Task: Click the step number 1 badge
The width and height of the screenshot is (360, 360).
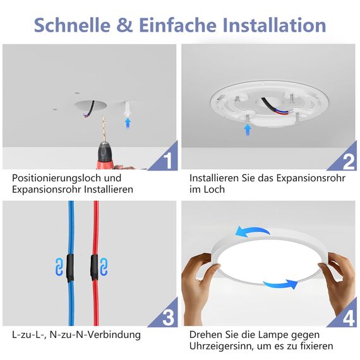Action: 167,160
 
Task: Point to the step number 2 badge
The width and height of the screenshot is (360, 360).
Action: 348,160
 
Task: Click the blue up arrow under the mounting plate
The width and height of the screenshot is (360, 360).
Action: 248,129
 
